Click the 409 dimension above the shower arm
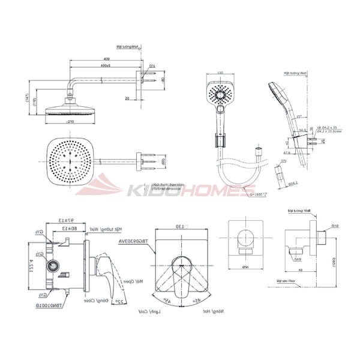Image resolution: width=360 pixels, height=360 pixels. (x=106, y=59)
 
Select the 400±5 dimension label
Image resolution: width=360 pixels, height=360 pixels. (x=106, y=65)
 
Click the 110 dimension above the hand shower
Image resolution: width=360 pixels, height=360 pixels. (x=219, y=73)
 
